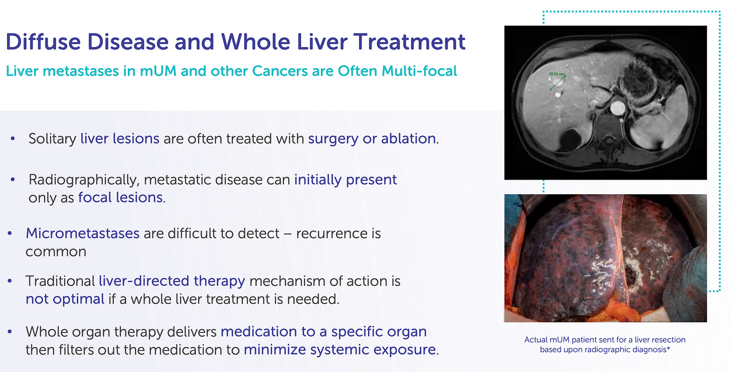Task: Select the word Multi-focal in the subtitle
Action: coord(419,71)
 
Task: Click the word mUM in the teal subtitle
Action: coord(158,71)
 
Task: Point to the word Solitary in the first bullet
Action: coord(53,139)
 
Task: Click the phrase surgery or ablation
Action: coord(372,139)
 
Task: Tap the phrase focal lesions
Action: coord(120,198)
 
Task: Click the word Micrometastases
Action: coord(82,233)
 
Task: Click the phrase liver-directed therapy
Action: coord(172,281)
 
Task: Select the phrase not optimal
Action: coord(65,299)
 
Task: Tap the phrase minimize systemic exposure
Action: coord(339,350)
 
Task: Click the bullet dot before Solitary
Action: coord(13,138)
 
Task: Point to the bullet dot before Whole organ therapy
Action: coord(10,331)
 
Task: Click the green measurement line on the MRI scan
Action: coord(558,83)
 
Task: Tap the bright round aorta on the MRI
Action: coord(617,108)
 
